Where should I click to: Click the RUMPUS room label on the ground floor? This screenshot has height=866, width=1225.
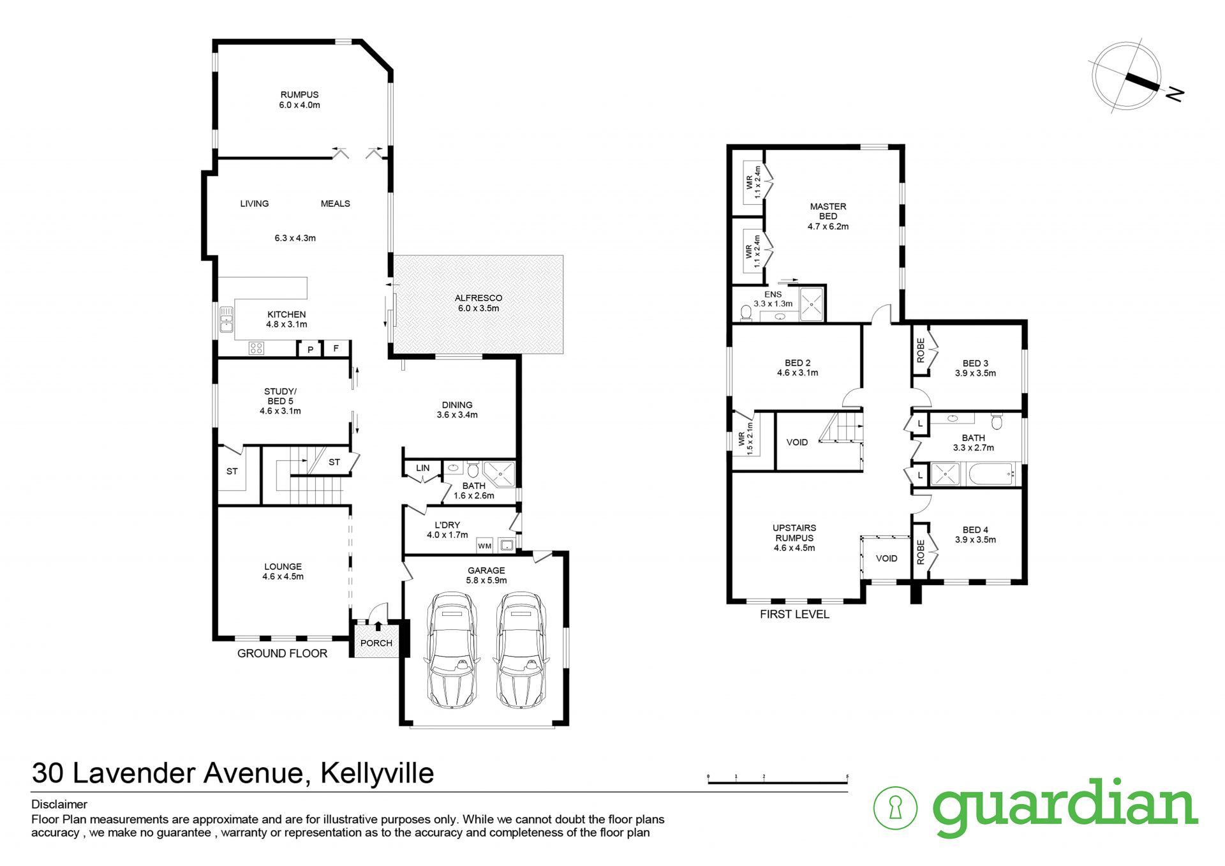299,94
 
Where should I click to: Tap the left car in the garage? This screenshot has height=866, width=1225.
453,650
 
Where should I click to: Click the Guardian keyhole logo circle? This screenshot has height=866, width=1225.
895,808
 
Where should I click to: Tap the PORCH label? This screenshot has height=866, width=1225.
376,643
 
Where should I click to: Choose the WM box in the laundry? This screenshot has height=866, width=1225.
485,546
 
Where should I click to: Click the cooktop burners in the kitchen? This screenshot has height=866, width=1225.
256,348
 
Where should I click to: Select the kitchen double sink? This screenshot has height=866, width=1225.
226,320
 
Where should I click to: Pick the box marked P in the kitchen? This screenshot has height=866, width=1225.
310,350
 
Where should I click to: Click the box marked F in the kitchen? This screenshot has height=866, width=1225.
336,348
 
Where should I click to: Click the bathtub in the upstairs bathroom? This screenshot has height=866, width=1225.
991,474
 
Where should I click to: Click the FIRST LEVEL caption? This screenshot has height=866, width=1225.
794,615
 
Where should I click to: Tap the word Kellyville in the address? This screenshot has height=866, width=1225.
377,773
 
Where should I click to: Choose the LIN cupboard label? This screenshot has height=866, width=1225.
423,468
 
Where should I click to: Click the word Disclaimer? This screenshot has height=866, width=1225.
59,805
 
